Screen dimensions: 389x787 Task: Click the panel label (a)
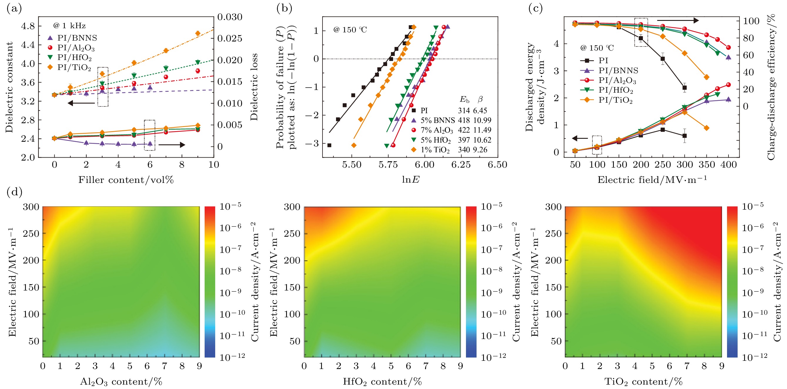click(14, 9)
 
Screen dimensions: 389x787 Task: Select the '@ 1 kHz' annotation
click(69, 26)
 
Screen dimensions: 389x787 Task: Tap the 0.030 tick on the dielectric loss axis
click(230, 17)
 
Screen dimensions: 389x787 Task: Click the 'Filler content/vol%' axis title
click(126, 180)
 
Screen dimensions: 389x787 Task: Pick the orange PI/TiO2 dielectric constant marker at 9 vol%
click(198, 33)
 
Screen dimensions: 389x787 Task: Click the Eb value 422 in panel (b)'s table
click(464, 130)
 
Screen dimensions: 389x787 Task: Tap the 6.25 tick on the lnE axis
click(461, 165)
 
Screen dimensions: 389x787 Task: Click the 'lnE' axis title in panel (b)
click(410, 180)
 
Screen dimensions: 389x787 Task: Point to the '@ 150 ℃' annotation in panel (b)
click(350, 30)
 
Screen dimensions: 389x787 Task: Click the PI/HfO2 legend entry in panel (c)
click(615, 90)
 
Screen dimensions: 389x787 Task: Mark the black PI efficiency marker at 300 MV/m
click(684, 88)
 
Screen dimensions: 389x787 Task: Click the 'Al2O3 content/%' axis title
click(121, 382)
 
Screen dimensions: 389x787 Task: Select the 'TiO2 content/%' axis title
click(643, 382)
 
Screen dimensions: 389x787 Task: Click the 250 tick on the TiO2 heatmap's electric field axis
click(554, 234)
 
